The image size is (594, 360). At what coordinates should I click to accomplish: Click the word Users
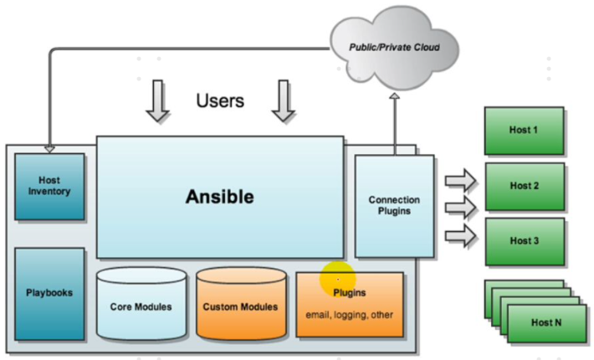coord(220,101)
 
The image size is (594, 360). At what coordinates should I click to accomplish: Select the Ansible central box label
coord(219,198)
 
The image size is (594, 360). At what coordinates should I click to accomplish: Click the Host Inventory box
coord(49,186)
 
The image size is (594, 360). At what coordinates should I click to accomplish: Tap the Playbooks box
coord(49,293)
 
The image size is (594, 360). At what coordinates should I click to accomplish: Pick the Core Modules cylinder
coord(141,306)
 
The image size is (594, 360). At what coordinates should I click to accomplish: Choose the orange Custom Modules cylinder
coord(240,306)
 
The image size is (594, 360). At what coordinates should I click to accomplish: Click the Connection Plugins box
coord(394,206)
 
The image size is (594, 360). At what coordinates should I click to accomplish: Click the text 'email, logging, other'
coord(349,315)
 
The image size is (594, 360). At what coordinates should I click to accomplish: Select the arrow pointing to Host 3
coord(459,238)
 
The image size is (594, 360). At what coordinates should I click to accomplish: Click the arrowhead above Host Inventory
coord(49,149)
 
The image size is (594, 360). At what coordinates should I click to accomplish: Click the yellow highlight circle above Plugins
coord(337,278)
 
